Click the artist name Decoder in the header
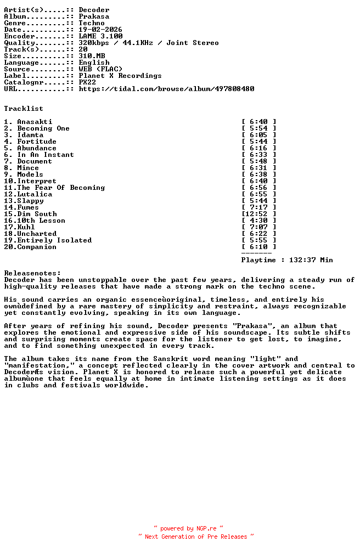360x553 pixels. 94,10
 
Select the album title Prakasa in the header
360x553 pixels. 94,16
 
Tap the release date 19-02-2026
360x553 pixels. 100,30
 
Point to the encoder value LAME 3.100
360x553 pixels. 100,36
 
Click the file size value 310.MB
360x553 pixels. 92,56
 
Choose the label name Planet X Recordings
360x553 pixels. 120,76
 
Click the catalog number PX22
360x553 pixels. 87,82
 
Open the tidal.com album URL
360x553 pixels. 166,89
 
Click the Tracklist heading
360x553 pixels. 24,109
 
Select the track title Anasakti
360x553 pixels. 35,122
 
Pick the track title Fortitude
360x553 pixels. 37,142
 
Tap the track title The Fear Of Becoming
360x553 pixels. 61,188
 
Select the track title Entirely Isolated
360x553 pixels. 54,240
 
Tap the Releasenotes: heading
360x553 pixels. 32,273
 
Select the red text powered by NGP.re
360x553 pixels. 188,529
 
